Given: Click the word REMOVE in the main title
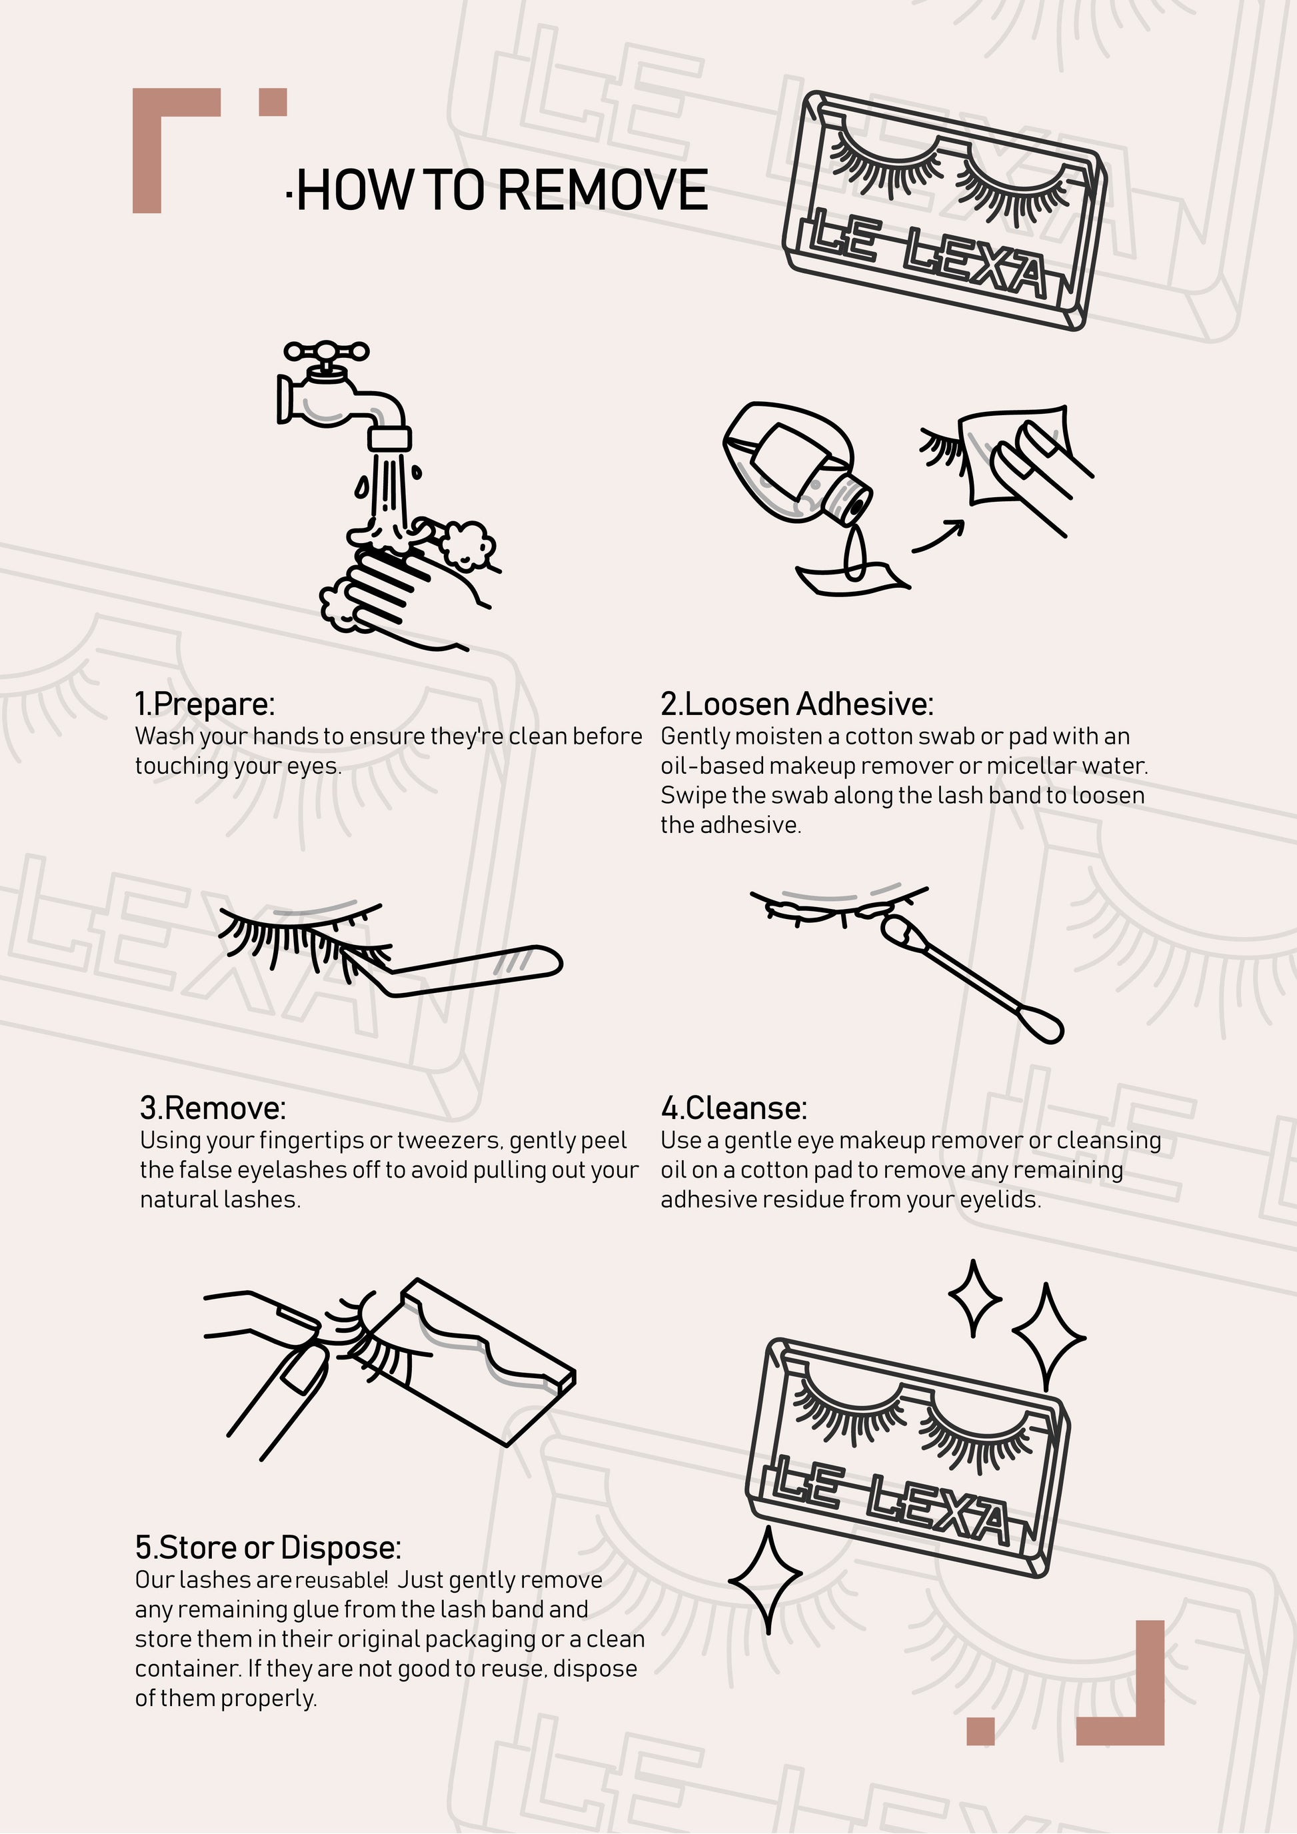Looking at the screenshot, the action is click(x=604, y=190).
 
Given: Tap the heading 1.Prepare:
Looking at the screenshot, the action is click(x=205, y=704).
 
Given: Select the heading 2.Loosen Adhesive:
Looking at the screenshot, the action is click(x=796, y=704).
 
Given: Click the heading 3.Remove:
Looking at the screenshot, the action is click(x=213, y=1108).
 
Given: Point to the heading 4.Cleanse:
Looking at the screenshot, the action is click(x=734, y=1108).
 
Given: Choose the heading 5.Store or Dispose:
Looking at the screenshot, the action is click(x=267, y=1547).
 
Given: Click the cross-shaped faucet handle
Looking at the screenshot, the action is click(x=327, y=351).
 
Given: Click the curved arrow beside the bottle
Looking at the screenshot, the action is click(x=938, y=535).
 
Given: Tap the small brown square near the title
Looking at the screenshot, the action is click(x=273, y=102).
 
